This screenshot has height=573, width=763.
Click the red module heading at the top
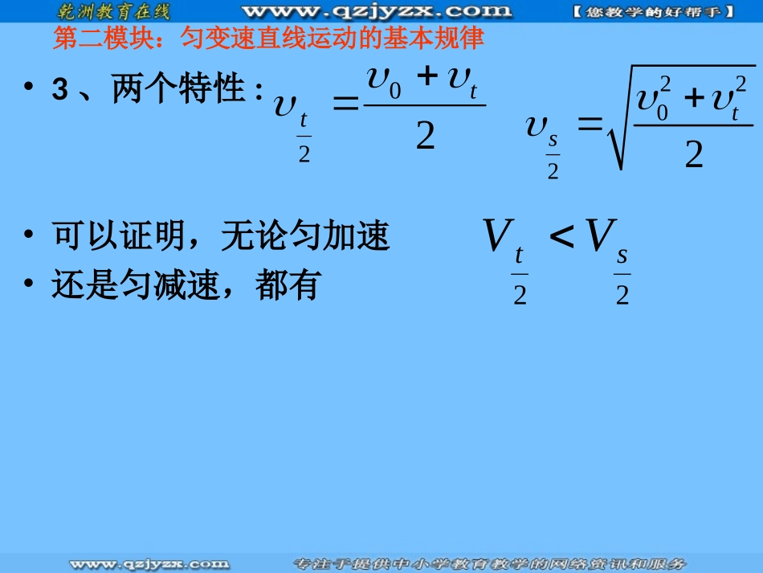269,39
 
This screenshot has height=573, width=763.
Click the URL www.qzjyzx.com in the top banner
376,11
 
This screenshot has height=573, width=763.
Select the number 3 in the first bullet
59,90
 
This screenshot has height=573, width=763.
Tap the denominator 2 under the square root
693,153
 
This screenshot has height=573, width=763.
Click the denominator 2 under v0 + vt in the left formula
425,137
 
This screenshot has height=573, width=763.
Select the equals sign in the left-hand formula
345,105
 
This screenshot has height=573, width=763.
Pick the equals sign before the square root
590,122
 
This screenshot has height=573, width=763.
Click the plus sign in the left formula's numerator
428,78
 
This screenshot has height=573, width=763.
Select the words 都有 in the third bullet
289,285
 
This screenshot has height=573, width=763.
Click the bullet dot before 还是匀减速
30,286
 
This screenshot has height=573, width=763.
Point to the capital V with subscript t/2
498,236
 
